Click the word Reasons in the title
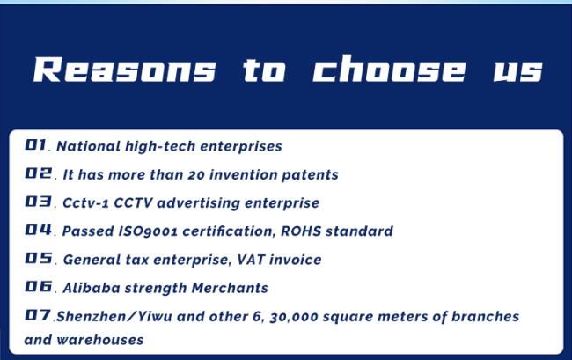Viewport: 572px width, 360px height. point(125,70)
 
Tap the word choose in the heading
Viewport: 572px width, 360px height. point(389,69)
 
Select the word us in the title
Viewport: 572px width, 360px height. point(518,71)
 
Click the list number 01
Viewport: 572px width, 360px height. point(36,145)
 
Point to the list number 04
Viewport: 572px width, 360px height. point(39,230)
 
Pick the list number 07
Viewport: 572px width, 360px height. point(38,315)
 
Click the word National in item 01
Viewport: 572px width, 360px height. point(88,146)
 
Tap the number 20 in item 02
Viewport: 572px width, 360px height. point(196,175)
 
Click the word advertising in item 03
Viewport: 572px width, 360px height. point(198,203)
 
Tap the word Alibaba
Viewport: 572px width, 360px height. point(92,288)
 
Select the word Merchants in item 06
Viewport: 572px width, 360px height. point(230,288)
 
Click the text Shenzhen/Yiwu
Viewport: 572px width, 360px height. point(114,317)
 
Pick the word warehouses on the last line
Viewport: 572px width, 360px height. point(100,340)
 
